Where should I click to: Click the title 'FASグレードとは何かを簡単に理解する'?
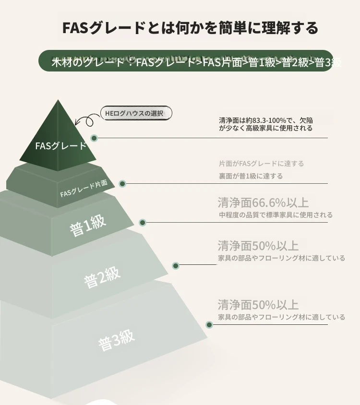tap(190, 28)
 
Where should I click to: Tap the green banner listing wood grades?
tap(186, 60)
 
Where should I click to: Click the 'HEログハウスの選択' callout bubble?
tap(136, 113)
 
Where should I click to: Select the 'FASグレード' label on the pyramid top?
tap(60, 146)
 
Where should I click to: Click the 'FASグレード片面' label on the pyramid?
tap(84, 189)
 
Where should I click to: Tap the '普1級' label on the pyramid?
tap(88, 226)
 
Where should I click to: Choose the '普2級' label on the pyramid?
tap(102, 277)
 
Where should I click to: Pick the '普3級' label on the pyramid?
tap(116, 340)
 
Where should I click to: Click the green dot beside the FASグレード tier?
tap(94, 138)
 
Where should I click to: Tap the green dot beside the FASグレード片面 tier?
tap(122, 184)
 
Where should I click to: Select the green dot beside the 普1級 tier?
tap(143, 222)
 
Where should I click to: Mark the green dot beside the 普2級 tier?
tap(176, 265)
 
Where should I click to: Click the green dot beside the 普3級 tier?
tap(209, 325)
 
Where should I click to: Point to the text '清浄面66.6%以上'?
tap(263, 202)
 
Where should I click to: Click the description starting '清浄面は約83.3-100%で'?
tap(266, 124)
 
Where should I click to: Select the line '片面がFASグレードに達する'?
tap(261, 164)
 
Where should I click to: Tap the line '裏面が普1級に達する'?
tap(251, 176)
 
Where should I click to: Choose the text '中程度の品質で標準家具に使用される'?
tap(276, 215)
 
